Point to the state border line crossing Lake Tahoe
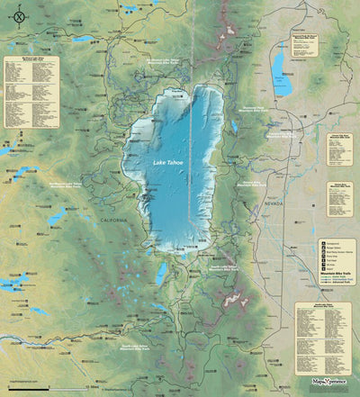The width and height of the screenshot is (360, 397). pyautogui.click(x=189, y=180)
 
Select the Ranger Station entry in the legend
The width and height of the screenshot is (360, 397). pyautogui.click(x=333, y=247)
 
